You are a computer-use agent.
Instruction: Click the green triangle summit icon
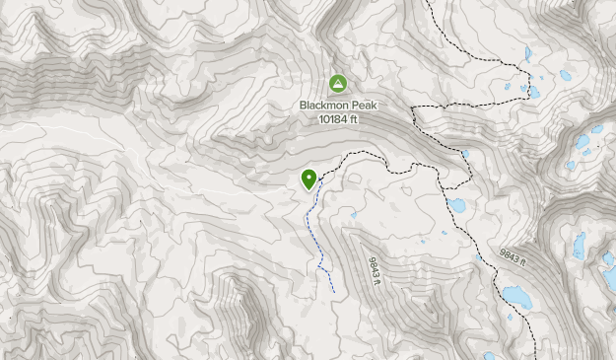tap(338, 85)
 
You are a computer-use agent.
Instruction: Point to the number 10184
tap(335, 118)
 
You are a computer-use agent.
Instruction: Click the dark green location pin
tap(309, 180)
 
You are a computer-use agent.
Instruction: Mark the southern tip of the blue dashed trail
tap(333, 292)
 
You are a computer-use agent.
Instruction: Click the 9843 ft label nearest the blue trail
tap(374, 271)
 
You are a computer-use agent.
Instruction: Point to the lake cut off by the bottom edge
tap(490, 355)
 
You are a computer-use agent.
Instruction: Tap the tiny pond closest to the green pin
tap(353, 214)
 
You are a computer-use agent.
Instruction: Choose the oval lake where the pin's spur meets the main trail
tap(456, 205)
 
